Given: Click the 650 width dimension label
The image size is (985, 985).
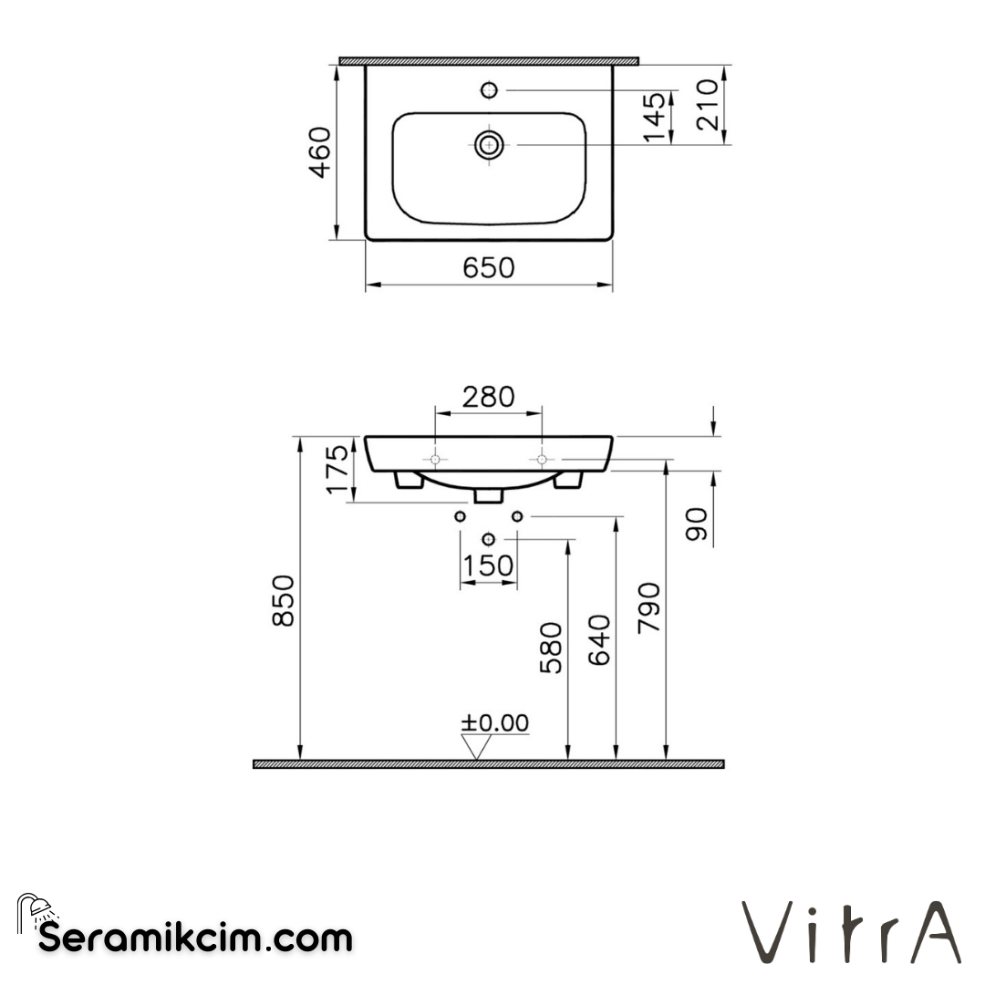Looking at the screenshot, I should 489,268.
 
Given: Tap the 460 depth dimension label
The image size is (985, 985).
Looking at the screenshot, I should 320,153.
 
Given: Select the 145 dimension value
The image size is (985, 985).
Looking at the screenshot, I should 654,117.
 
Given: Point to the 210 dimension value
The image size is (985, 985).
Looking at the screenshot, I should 708,105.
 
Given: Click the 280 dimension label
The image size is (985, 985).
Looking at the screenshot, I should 488,397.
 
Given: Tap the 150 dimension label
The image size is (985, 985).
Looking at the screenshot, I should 488,566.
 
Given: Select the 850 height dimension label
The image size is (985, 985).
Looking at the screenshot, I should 284,600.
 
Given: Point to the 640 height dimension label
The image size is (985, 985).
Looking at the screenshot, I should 599,640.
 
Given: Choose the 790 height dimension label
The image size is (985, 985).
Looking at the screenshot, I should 648,608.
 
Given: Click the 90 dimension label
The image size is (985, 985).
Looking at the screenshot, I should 698,526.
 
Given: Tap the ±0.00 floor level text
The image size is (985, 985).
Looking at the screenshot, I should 494,723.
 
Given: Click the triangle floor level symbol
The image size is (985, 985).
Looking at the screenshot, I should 476,747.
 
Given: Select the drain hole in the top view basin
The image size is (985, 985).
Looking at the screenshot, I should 489,144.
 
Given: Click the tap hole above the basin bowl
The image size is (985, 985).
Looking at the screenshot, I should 489,89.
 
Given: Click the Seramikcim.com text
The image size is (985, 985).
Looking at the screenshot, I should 195,937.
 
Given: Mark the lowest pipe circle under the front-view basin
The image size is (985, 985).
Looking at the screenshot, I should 488,539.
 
